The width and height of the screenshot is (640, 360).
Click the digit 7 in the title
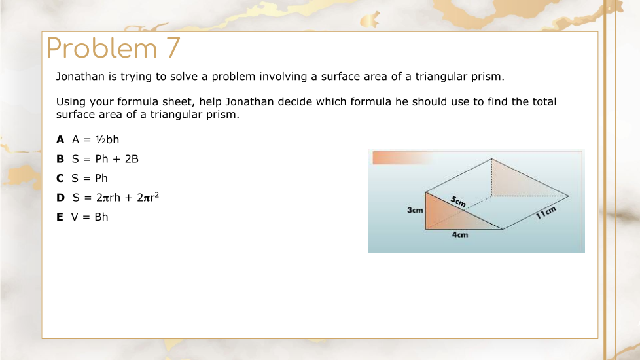(173, 48)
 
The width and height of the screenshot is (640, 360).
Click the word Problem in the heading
(101, 48)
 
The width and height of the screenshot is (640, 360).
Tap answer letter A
(60, 139)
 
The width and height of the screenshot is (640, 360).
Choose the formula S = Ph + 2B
(105, 159)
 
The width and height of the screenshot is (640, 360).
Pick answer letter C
(60, 179)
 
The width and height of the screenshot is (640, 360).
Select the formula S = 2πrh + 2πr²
(116, 197)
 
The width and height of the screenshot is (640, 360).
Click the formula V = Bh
(90, 217)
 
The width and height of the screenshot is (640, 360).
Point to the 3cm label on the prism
(415, 210)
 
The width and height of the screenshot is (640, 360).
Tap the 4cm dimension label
(460, 235)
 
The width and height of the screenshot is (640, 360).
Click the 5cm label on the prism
(458, 201)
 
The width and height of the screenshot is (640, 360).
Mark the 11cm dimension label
(546, 213)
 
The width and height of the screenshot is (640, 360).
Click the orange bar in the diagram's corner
(401, 158)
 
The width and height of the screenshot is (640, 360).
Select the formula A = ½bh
(96, 139)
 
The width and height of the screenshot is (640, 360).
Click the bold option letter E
(60, 217)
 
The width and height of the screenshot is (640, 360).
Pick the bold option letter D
(60, 198)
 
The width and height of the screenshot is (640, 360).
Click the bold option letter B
(60, 159)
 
